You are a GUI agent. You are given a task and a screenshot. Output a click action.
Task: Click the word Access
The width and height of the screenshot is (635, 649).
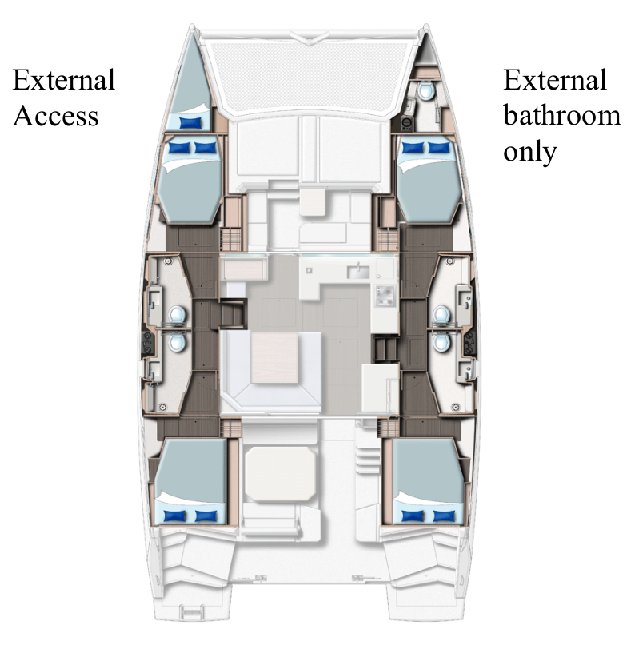tap(55, 115)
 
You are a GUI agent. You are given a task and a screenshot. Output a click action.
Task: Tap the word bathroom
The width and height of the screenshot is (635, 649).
tap(561, 115)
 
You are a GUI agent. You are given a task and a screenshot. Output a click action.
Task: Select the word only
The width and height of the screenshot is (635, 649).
tap(529, 153)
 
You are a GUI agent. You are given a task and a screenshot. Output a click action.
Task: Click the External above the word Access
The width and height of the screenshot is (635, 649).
tap(63, 79)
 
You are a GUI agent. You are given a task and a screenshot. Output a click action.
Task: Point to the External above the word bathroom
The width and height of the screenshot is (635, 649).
tap(555, 79)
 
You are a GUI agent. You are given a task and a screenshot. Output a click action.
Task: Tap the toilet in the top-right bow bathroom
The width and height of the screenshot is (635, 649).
tap(425, 90)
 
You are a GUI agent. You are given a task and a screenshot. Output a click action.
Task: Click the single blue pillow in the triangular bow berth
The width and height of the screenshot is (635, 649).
tap(190, 122)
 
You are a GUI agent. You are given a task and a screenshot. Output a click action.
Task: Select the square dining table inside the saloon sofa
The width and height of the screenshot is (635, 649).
tap(274, 357)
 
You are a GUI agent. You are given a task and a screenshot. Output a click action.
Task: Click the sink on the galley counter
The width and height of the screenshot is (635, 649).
tap(357, 272)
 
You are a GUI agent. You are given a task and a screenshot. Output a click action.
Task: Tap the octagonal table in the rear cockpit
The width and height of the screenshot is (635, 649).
tap(280, 474)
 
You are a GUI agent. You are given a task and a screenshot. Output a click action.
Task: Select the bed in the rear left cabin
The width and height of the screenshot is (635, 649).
tap(190, 481)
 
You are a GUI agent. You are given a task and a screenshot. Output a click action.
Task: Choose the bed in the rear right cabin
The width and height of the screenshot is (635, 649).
tap(429, 481)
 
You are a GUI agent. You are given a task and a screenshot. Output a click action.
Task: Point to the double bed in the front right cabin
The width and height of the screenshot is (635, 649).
tap(429, 180)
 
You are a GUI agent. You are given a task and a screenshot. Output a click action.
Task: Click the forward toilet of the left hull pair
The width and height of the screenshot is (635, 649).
tap(178, 316)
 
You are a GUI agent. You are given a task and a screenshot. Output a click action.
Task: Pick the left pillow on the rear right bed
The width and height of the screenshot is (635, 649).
tap(413, 516)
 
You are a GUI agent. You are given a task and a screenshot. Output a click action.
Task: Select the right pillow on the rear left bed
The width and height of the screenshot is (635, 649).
tap(206, 516)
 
